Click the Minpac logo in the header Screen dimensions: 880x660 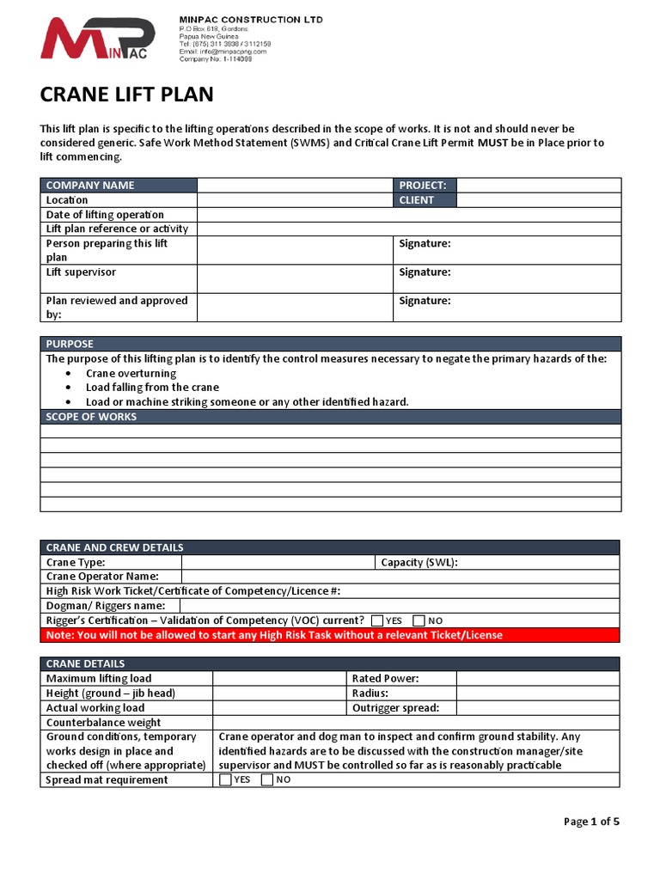pyautogui.click(x=98, y=40)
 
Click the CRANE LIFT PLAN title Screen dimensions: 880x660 pyautogui.click(x=127, y=95)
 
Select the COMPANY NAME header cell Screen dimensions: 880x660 pyautogui.click(x=119, y=186)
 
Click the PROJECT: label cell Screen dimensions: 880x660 pyautogui.click(x=425, y=186)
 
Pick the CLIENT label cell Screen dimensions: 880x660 pyautogui.click(x=425, y=200)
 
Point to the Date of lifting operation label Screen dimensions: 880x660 pyautogui.click(x=105, y=215)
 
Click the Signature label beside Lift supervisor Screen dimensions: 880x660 pyautogui.click(x=425, y=272)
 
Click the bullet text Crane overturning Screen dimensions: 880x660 pyautogui.click(x=131, y=374)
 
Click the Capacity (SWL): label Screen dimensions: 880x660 pyautogui.click(x=419, y=563)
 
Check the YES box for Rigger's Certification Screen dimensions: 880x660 pyautogui.click(x=377, y=620)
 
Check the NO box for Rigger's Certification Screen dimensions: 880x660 pyautogui.click(x=419, y=620)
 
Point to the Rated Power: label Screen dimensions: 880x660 pyautogui.click(x=385, y=679)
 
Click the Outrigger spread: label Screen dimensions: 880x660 pyautogui.click(x=395, y=708)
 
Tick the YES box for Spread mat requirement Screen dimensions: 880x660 pyautogui.click(x=225, y=780)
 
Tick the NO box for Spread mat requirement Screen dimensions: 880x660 pyautogui.click(x=266, y=780)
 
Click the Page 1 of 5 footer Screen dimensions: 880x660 pyautogui.click(x=591, y=822)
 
